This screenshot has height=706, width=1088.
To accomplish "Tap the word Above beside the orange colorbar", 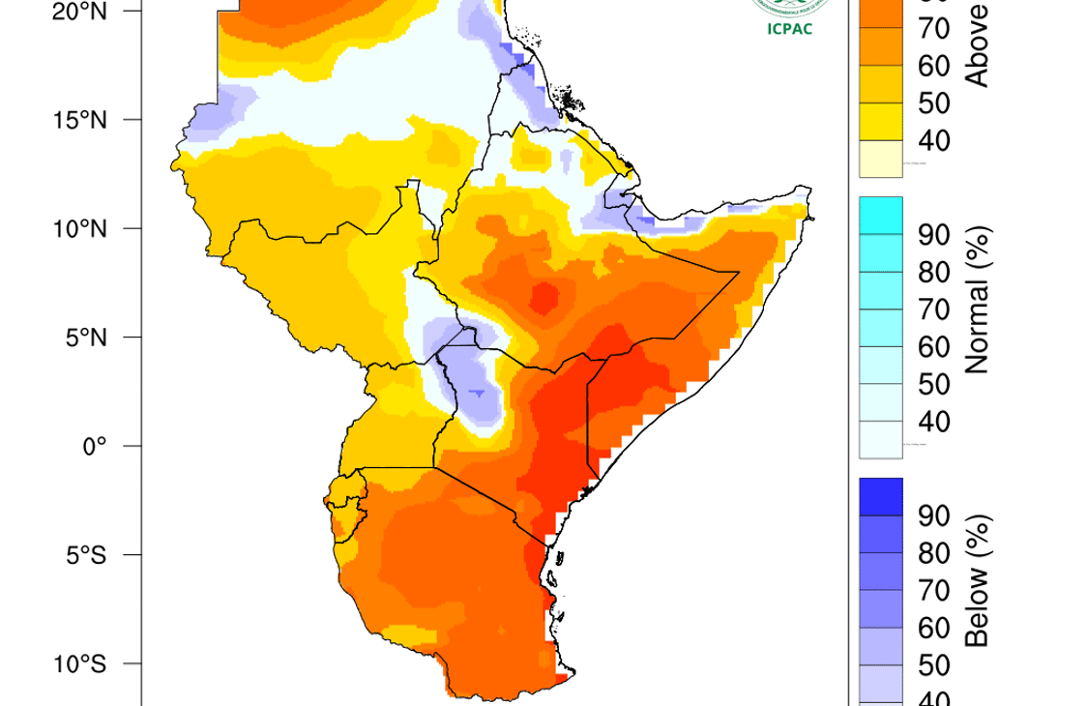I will (979, 44).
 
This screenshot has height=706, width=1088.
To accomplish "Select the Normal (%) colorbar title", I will (979, 301).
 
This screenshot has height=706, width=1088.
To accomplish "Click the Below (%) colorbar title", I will (979, 580).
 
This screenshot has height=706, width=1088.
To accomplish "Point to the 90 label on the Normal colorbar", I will (932, 235).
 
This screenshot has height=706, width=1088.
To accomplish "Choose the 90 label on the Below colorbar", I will (932, 515).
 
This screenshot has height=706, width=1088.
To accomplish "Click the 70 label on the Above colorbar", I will (932, 29).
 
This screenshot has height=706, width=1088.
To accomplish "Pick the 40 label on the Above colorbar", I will (932, 141).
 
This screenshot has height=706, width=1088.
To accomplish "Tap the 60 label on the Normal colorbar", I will (932, 347).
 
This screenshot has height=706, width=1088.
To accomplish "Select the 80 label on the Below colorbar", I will (932, 553).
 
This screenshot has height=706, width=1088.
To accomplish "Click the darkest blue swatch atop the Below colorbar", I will (880, 496).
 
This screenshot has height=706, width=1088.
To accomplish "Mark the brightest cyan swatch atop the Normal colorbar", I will (880, 216).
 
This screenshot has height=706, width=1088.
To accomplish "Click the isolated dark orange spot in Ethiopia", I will (546, 296).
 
